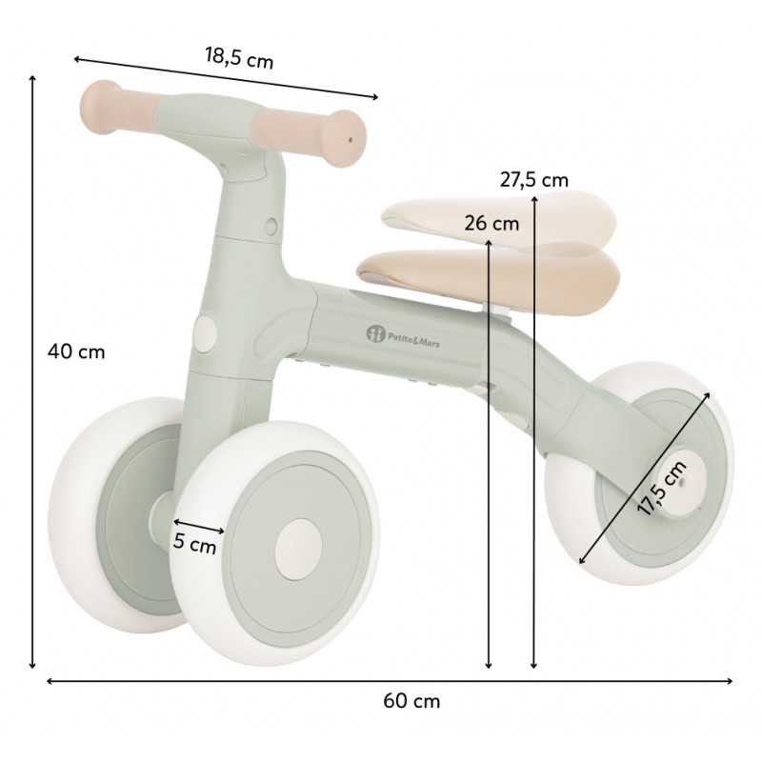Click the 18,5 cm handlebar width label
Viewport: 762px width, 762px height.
[x=239, y=58]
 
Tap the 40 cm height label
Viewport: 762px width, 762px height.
[x=76, y=351]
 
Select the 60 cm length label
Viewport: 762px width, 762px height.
[x=411, y=701]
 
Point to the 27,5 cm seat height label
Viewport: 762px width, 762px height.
[x=533, y=180]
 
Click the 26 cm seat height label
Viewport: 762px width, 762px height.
[x=491, y=224]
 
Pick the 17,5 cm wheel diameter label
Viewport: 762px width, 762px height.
[x=662, y=488]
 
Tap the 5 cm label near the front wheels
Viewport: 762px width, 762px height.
[x=194, y=544]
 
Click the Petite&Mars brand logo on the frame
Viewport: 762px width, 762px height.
[x=403, y=336]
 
